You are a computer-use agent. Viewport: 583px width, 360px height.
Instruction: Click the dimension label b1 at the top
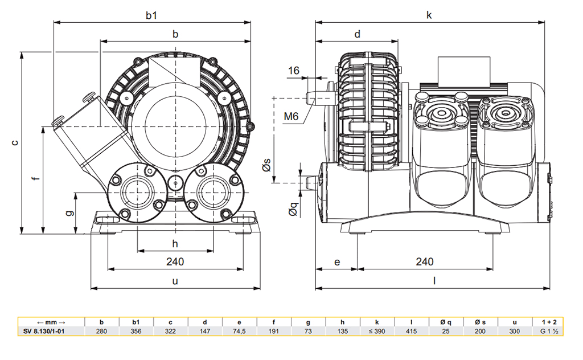click(151, 15)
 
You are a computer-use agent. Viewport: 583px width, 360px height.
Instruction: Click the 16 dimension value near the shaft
click(293, 71)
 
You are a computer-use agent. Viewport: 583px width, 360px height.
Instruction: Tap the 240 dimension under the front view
click(175, 261)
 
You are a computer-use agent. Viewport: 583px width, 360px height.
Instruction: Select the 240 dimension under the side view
click(424, 261)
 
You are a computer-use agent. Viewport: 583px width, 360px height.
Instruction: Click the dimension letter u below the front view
click(175, 281)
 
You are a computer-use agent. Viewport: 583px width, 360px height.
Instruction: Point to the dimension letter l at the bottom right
click(434, 281)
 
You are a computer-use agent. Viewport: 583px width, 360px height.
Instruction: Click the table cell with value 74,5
click(239, 331)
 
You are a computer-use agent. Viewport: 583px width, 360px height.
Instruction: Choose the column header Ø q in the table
click(446, 321)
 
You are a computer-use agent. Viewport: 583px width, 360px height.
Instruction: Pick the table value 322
click(170, 331)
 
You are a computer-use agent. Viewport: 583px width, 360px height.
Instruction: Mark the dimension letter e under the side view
click(337, 261)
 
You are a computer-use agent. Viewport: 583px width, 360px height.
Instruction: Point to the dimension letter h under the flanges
click(175, 244)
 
